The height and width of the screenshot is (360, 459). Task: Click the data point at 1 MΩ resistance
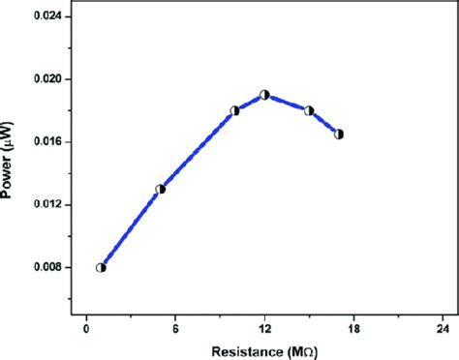tap(101, 268)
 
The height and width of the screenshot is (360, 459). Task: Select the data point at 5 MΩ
tap(161, 189)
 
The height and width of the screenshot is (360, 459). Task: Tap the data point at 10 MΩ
tap(234, 111)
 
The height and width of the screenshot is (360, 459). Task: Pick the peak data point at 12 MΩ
tap(264, 95)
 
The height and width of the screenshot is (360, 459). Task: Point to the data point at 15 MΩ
tap(309, 110)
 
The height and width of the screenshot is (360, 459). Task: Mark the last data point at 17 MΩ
tap(339, 135)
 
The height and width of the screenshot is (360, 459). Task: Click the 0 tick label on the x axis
tap(86, 327)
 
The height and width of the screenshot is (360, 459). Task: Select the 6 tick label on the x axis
tap(175, 327)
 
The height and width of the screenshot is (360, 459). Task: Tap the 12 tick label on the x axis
tap(264, 327)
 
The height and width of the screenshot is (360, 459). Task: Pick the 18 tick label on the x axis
tap(353, 327)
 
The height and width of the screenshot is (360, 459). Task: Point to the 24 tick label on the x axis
tap(443, 327)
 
